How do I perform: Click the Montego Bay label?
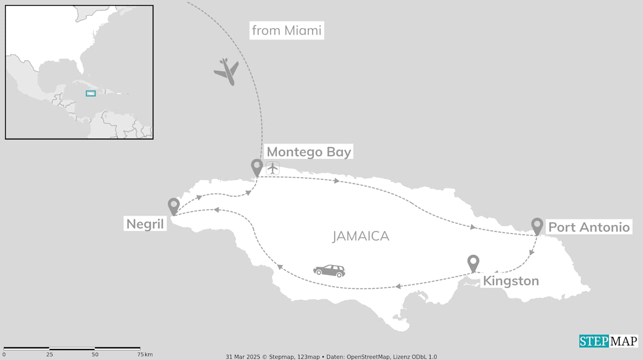click(308, 152)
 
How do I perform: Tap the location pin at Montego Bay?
click(257, 167)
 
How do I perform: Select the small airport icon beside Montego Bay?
click(273, 168)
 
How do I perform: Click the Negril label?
click(145, 224)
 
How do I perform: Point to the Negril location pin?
click(173, 205)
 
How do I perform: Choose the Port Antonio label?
click(589, 227)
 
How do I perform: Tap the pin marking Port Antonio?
click(537, 225)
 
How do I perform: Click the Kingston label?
click(510, 281)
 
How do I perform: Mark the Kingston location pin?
click(473, 263)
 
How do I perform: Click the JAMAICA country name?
click(361, 236)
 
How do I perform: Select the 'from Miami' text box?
click(287, 31)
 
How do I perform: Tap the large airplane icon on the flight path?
click(227, 71)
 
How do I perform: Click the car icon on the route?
click(330, 271)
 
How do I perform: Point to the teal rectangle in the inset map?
click(90, 93)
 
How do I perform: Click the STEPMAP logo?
click(608, 341)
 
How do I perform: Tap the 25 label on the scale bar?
click(49, 355)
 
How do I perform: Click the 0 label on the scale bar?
click(4, 355)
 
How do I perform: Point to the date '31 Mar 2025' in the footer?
click(242, 356)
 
